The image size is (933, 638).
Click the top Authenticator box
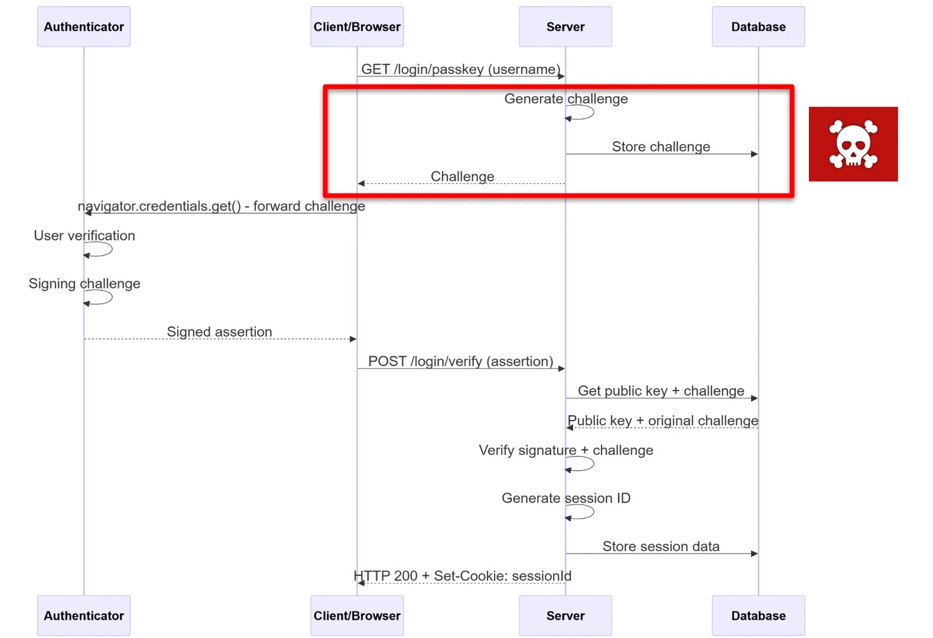point(84,27)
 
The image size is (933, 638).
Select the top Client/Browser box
point(357,27)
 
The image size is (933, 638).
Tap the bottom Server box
point(565,616)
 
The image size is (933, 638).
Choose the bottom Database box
point(758,616)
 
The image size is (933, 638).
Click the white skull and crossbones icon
point(853,144)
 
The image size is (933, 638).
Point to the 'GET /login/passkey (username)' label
point(461,69)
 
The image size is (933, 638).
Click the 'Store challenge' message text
point(661,147)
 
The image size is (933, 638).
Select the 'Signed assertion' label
point(219,331)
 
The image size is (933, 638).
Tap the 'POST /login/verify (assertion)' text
point(461,361)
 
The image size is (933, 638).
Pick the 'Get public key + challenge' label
point(661,390)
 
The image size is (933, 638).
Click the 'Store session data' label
point(661,546)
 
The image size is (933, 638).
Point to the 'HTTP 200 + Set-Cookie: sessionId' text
point(462,576)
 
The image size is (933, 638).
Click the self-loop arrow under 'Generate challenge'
point(581,113)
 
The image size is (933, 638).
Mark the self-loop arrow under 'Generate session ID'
point(581,513)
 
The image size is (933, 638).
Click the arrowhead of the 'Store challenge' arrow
point(754,154)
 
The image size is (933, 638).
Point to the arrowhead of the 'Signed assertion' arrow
point(353,339)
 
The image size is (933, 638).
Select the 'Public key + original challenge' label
point(662,421)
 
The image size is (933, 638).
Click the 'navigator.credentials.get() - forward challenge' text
point(222,206)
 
